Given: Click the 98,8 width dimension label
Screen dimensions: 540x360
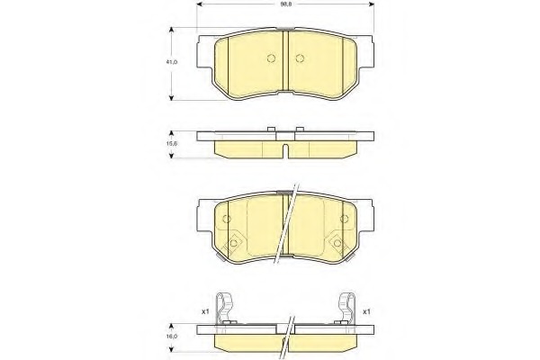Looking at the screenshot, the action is (x=284, y=4).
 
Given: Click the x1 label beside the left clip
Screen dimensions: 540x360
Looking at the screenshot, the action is (x=205, y=312).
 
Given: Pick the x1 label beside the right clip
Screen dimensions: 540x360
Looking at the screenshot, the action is (x=366, y=312).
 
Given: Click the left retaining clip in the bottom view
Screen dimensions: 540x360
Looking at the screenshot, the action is (x=224, y=308).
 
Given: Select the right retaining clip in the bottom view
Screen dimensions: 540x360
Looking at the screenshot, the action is (x=346, y=308).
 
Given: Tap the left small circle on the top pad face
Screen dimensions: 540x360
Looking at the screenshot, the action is (x=272, y=58).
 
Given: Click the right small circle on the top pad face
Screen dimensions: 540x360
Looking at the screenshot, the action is (x=300, y=58).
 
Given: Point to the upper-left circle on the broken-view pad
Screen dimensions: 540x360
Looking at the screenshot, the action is (x=227, y=219).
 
